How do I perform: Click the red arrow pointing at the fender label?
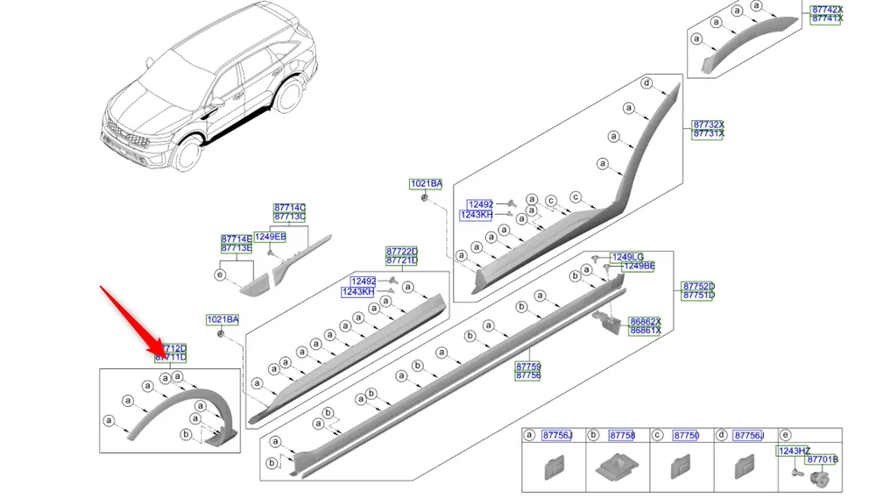[131, 320]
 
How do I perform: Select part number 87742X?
[826, 10]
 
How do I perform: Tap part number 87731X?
[708, 134]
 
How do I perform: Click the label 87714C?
[290, 207]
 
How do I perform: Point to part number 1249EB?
[270, 237]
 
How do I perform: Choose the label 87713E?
[236, 248]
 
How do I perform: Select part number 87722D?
[402, 251]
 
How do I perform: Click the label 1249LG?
[627, 257]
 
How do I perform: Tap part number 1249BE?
[638, 267]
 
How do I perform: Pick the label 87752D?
[699, 287]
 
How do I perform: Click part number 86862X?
[646, 322]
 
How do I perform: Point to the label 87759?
[528, 367]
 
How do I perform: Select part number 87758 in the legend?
[621, 436]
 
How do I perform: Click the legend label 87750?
[686, 436]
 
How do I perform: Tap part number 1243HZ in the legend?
[794, 451]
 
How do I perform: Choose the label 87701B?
[823, 460]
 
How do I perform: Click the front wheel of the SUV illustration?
[187, 155]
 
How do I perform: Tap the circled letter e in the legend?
[785, 436]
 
